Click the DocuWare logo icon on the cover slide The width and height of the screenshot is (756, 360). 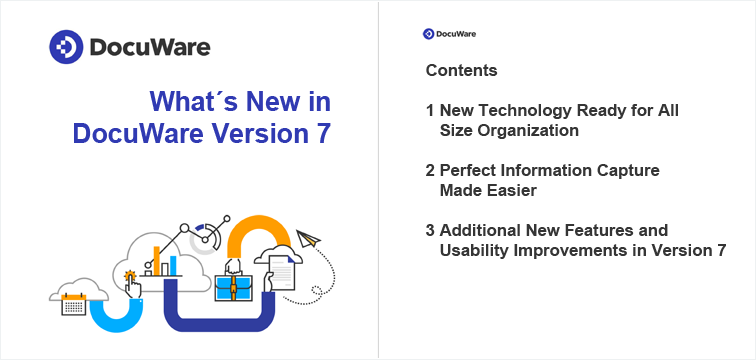pos(66,47)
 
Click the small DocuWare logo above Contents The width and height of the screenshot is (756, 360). pos(428,34)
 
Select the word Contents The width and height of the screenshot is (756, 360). pos(461,72)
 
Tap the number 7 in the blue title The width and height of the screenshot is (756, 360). pos(323,133)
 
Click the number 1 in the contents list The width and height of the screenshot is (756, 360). pos(429,111)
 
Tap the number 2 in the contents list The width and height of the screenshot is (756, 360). pos(430,171)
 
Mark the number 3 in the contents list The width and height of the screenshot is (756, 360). pos(430,231)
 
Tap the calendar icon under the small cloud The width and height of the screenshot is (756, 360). pos(74,304)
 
